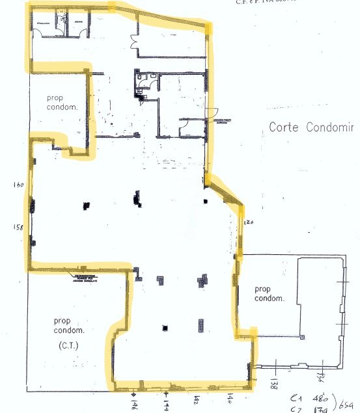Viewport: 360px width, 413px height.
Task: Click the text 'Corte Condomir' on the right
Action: click(311, 127)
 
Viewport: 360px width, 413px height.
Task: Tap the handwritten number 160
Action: click(18, 185)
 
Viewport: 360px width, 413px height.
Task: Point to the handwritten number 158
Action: click(18, 227)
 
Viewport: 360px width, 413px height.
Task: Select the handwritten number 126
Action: click(248, 222)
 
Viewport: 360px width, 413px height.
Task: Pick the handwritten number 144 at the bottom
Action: click(167, 405)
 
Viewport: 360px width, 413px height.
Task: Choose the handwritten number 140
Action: click(230, 397)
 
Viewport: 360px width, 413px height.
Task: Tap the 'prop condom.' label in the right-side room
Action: click(270, 294)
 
